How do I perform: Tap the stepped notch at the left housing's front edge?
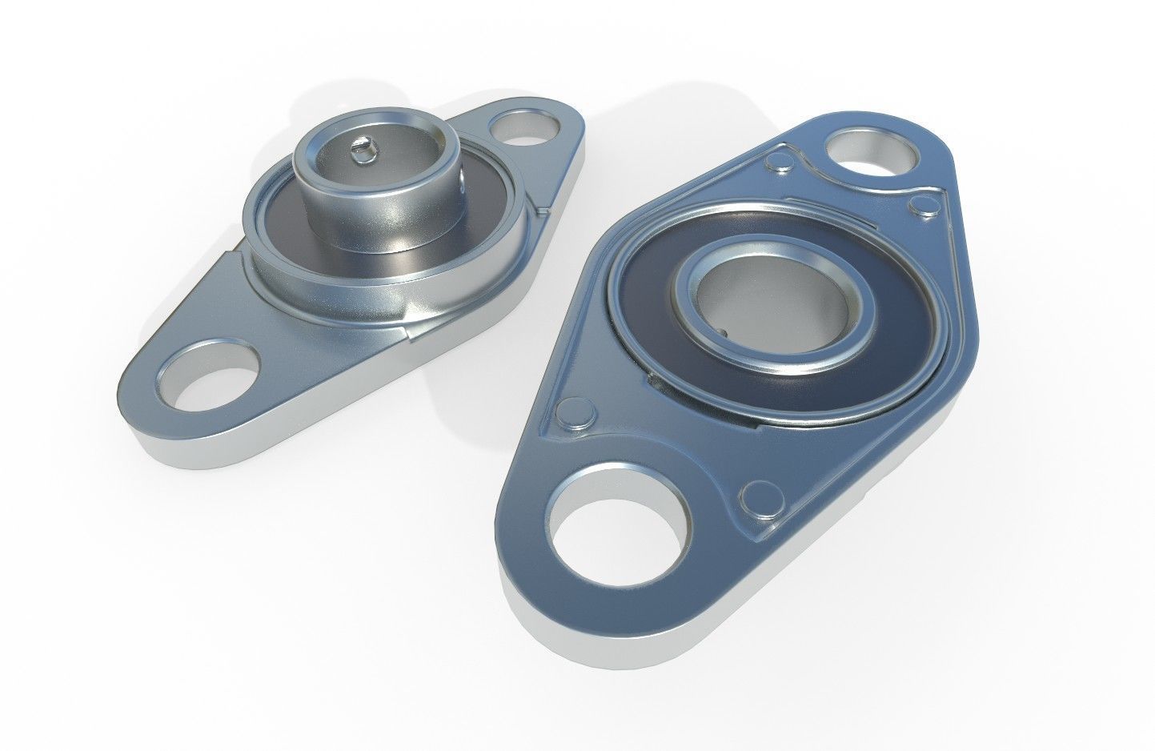(x=408, y=335)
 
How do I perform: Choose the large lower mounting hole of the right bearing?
(x=621, y=521)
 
